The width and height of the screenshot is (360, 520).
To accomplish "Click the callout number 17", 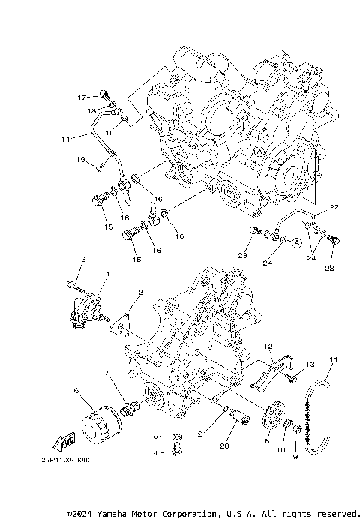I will (x=82, y=97).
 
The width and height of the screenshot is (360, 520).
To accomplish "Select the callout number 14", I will (x=65, y=139).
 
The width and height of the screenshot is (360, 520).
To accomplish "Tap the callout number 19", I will (x=79, y=160).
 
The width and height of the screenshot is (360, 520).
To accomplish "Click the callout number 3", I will (x=83, y=260).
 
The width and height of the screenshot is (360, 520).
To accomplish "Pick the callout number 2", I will (x=139, y=293).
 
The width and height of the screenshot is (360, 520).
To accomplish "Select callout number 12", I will (x=267, y=347).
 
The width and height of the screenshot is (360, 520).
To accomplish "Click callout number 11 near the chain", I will (x=334, y=359).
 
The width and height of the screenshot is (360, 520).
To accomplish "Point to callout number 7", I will (x=107, y=373).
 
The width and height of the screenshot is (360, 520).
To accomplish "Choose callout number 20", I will (x=223, y=446).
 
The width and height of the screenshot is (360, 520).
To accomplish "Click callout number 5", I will (x=157, y=436).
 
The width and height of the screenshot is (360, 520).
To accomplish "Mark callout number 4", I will (x=157, y=454).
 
